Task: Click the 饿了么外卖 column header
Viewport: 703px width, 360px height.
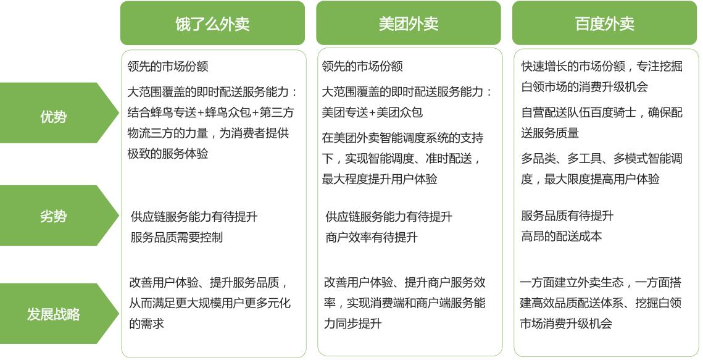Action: tap(212, 23)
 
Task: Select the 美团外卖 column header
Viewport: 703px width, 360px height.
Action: tap(408, 23)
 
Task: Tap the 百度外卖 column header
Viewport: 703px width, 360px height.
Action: tap(604, 23)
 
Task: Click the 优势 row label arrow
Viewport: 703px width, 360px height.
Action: tap(54, 115)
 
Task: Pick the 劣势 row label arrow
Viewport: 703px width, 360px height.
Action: tap(54, 216)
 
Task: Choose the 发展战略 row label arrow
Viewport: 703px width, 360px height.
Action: tap(54, 314)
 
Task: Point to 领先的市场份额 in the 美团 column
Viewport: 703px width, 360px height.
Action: tap(362, 66)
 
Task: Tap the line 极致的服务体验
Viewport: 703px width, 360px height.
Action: tap(168, 153)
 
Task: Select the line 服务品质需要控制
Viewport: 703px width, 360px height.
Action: tap(177, 237)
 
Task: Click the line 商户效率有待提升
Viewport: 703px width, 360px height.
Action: tap(372, 237)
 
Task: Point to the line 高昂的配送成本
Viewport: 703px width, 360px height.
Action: tap(561, 236)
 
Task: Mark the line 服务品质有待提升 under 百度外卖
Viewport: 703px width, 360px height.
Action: tap(567, 216)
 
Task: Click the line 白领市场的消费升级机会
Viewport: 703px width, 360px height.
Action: tap(584, 86)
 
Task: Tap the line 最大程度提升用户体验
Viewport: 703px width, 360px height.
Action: tap(380, 179)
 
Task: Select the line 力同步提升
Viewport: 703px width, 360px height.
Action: tap(352, 324)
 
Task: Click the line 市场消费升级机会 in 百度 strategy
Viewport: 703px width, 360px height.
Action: tap(566, 324)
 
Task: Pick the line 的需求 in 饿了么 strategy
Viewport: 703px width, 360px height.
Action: tap(146, 324)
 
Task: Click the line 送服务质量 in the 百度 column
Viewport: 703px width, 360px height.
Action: tap(550, 133)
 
